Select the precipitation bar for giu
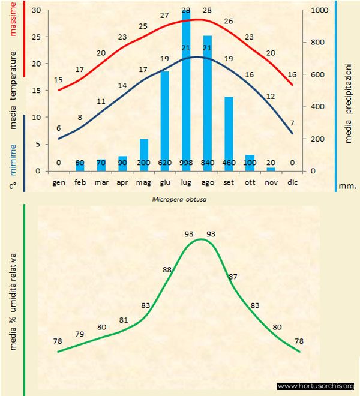[164, 120]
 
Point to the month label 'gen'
[59, 182]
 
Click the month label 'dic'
[292, 182]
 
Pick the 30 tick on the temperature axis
[37, 10]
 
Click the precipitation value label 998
[186, 163]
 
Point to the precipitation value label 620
[164, 163]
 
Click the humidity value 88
[167, 269]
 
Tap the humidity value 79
[79, 334]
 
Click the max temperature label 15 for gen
[58, 79]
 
